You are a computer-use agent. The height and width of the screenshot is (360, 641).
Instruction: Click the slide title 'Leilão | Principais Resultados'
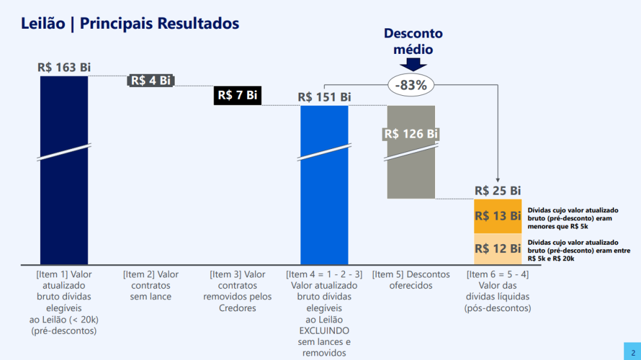130,24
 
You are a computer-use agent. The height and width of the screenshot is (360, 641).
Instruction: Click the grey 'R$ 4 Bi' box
150,80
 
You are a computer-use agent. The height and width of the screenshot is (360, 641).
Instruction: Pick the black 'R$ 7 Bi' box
237,95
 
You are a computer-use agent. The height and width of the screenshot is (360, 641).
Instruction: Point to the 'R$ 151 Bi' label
324,97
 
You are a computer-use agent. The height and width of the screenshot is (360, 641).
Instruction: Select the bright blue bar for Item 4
324,200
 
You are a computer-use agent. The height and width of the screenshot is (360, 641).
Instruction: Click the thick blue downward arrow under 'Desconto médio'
413,64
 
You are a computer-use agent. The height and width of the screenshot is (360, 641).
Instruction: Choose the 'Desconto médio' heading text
413,41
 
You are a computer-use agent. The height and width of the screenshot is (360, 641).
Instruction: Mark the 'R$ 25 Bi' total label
498,190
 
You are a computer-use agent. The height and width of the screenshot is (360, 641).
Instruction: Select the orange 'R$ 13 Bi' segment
498,216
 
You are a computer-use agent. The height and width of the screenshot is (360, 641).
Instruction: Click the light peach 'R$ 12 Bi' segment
498,249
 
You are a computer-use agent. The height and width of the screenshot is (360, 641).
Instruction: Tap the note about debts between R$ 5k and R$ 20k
573,250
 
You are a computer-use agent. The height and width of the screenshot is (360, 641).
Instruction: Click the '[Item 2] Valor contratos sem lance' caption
150,285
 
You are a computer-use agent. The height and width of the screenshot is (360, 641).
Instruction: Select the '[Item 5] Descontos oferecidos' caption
411,280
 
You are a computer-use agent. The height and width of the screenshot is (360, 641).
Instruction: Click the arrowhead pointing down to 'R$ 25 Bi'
498,178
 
